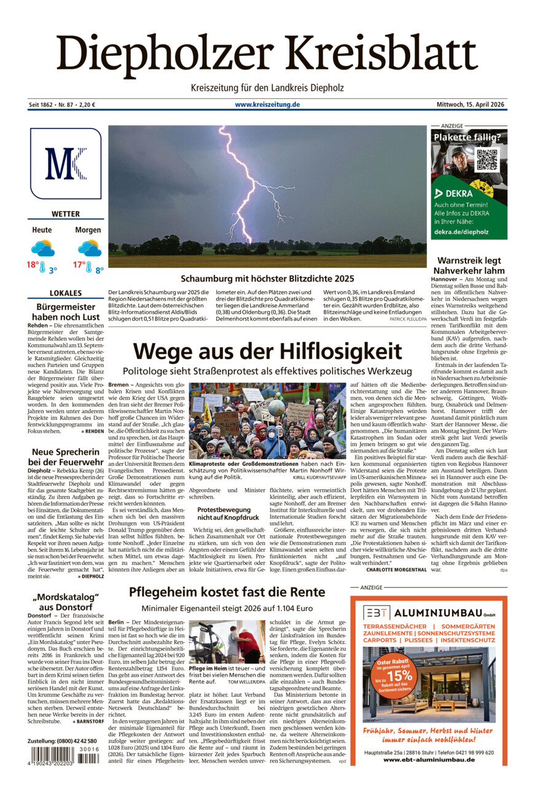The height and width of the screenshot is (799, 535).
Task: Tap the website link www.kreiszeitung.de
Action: point(267,104)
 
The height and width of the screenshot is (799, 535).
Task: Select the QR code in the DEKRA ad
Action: point(487,159)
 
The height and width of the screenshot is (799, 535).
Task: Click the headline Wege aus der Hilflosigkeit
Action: point(267,352)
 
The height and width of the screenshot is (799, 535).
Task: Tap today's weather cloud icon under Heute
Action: point(42,248)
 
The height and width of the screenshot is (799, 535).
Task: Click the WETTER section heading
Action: point(66,214)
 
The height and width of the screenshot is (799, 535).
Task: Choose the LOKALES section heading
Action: point(66,293)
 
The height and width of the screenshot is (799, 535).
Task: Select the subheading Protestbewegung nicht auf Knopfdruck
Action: point(224,514)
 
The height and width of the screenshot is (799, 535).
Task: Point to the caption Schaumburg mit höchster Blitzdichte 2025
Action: point(267,278)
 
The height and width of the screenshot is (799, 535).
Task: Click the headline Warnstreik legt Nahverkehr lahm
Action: point(470,266)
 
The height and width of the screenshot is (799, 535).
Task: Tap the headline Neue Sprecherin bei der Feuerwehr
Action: point(66,457)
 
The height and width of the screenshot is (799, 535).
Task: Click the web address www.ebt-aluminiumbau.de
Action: point(429,760)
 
